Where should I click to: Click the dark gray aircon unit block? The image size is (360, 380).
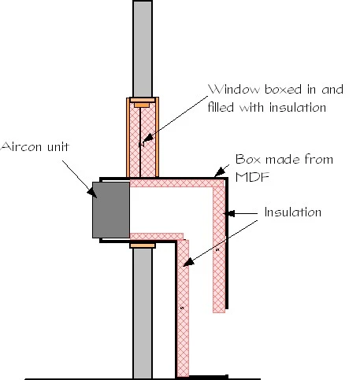click(x=111, y=210)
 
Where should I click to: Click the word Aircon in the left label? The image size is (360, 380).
click(x=21, y=146)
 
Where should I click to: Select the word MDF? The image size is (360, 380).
click(x=252, y=177)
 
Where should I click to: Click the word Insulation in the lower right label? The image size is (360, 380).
click(x=293, y=212)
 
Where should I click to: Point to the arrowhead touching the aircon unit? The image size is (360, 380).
click(x=92, y=193)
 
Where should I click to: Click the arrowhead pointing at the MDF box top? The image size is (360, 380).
click(x=220, y=172)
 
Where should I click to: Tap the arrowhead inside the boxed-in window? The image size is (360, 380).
click(x=147, y=138)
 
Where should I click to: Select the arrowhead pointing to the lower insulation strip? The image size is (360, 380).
click(x=188, y=262)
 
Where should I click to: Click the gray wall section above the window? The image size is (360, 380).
click(x=143, y=49)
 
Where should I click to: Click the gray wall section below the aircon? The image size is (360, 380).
click(x=143, y=313)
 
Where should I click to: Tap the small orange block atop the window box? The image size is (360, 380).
click(x=142, y=105)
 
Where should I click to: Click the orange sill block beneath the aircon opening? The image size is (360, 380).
click(x=143, y=245)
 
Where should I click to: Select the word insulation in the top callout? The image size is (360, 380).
click(x=298, y=107)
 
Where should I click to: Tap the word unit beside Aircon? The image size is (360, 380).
click(x=58, y=146)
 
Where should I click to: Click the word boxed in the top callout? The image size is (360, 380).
click(x=283, y=89)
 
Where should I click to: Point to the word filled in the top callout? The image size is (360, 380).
click(x=221, y=107)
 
